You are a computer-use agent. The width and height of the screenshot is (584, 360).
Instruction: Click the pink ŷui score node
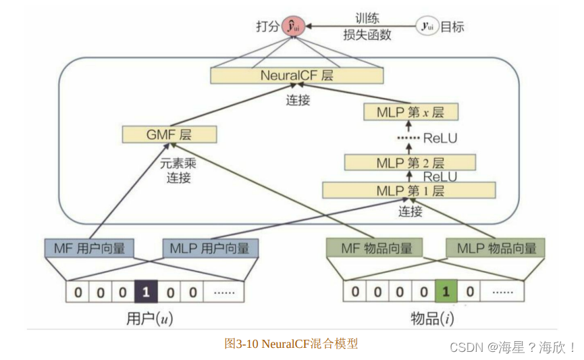(294, 27)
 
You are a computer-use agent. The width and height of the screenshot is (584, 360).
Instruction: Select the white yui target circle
(426, 27)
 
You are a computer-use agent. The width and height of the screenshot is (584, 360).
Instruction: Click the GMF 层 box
(169, 134)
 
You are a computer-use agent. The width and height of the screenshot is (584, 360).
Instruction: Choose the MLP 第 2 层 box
(410, 163)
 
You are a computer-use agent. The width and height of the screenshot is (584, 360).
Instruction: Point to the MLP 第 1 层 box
(410, 190)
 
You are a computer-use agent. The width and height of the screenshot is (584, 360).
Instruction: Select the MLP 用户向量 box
(209, 248)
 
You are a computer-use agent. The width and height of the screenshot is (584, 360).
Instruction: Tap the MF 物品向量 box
(375, 248)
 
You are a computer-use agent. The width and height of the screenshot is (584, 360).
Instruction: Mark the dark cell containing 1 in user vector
(146, 292)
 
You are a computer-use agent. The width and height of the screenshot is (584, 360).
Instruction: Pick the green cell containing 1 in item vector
(444, 292)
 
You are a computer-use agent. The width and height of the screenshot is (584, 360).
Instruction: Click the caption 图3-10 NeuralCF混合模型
(291, 344)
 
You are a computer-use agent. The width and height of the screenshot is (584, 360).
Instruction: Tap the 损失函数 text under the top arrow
(367, 35)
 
